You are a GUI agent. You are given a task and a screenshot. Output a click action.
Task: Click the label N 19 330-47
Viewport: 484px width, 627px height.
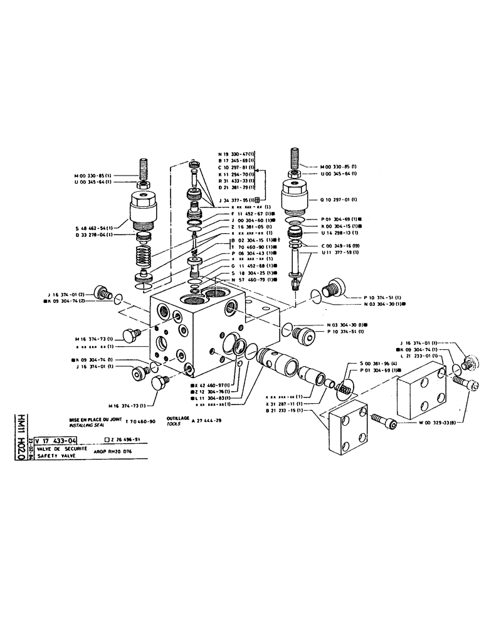236,154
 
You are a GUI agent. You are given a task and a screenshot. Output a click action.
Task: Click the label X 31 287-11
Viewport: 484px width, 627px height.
285,404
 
